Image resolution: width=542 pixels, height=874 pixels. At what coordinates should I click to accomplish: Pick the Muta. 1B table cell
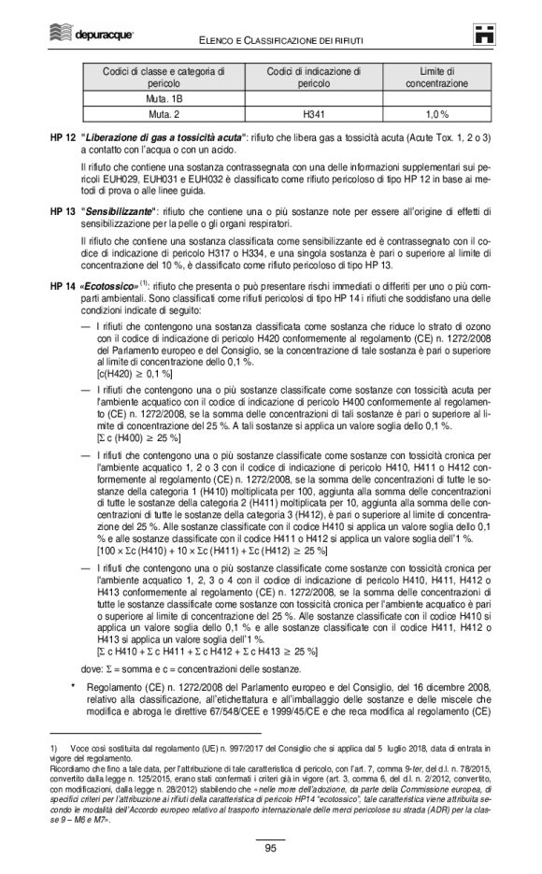[x=164, y=98]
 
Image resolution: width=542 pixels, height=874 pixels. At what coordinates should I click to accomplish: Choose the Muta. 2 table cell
[x=164, y=115]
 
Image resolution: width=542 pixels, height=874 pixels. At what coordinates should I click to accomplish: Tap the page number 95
[x=270, y=848]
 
